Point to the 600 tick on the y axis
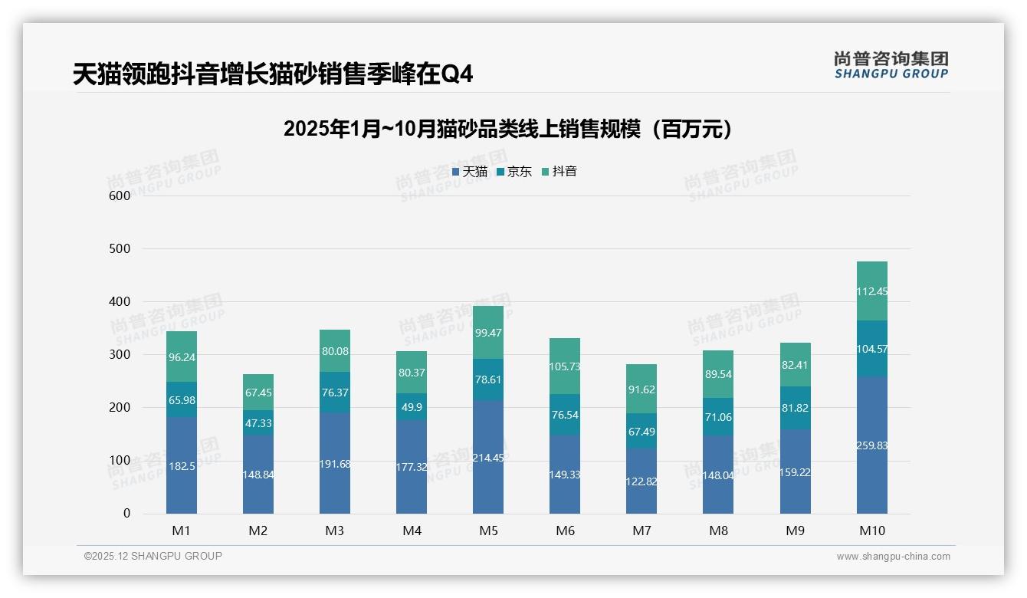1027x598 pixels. coord(120,195)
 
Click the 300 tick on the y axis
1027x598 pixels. coord(120,355)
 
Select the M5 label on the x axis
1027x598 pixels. coord(488,531)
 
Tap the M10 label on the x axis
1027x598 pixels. coord(871,531)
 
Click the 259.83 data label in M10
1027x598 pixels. coord(871,445)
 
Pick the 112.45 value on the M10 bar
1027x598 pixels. coord(871,291)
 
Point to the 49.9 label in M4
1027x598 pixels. coord(412,406)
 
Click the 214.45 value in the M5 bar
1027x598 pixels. coord(488,458)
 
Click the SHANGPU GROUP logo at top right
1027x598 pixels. coord(891,65)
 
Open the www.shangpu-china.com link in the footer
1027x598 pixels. coord(893,557)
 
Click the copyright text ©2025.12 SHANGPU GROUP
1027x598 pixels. coord(153,556)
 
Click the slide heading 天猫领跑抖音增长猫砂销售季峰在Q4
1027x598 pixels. coord(273,74)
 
